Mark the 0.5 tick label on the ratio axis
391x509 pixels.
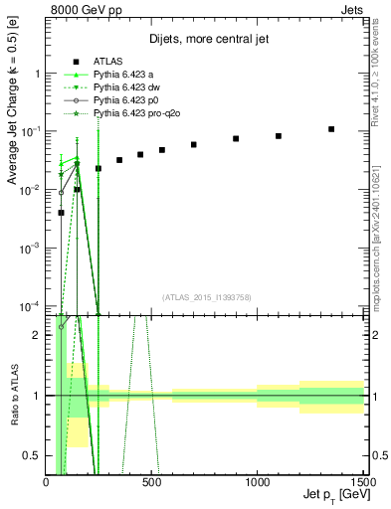click(x=35, y=454)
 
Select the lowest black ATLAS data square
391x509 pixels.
click(x=61, y=212)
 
